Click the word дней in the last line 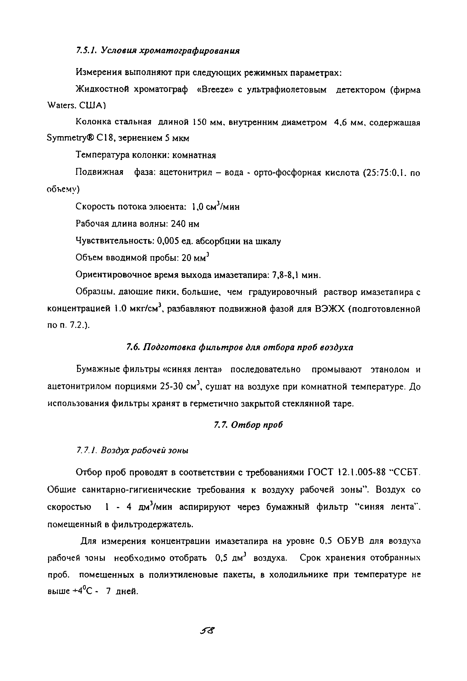pyautogui.click(x=126, y=591)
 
